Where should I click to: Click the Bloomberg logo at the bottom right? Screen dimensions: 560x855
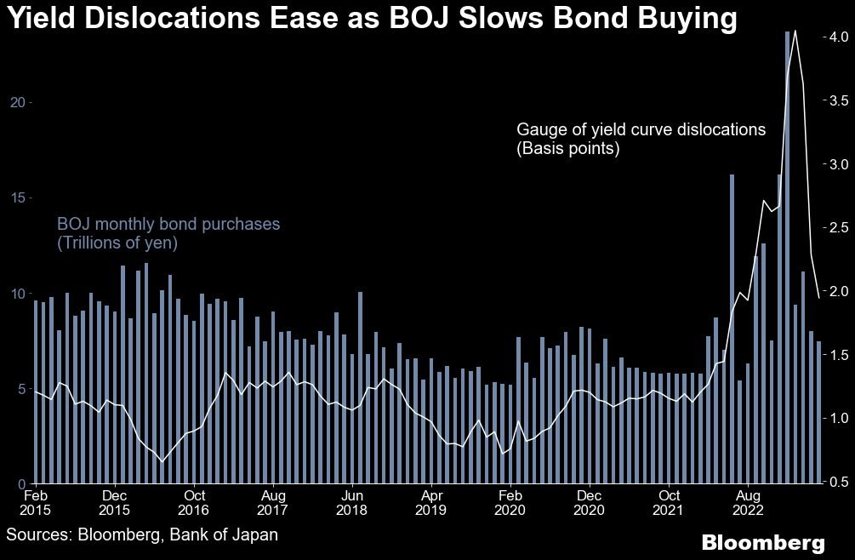click(762, 542)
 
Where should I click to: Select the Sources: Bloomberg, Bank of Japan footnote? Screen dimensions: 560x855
click(142, 534)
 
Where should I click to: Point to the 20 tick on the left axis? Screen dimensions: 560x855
click(18, 102)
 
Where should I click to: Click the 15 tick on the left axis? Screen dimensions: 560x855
click(18, 197)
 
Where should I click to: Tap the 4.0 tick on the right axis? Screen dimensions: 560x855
click(831, 37)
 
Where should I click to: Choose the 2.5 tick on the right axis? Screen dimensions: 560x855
click(831, 227)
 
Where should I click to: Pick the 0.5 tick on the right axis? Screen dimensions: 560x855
click(831, 482)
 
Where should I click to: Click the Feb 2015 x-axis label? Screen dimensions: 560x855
click(36, 502)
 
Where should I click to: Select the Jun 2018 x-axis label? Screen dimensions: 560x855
click(352, 502)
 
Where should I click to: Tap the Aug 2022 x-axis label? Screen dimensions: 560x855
click(748, 502)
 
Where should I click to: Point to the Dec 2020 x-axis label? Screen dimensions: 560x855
click(590, 502)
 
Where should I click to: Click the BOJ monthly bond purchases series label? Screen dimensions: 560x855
click(168, 234)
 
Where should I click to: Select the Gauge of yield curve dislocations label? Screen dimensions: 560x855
click(641, 139)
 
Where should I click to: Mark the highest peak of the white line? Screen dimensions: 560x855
click(795, 31)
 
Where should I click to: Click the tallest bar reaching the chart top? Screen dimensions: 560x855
click(788, 255)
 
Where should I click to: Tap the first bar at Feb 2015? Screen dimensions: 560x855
click(36, 391)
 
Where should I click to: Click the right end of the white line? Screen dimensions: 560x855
click(818, 297)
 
